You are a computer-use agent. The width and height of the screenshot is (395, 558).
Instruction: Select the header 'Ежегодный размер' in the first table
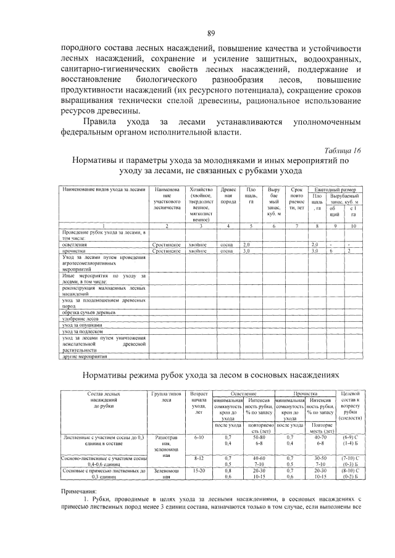338,189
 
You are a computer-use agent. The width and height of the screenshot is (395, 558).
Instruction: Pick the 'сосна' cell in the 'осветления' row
227,245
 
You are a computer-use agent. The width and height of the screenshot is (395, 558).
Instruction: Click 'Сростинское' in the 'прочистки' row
166,251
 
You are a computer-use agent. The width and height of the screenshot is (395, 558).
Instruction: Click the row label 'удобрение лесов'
80,319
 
